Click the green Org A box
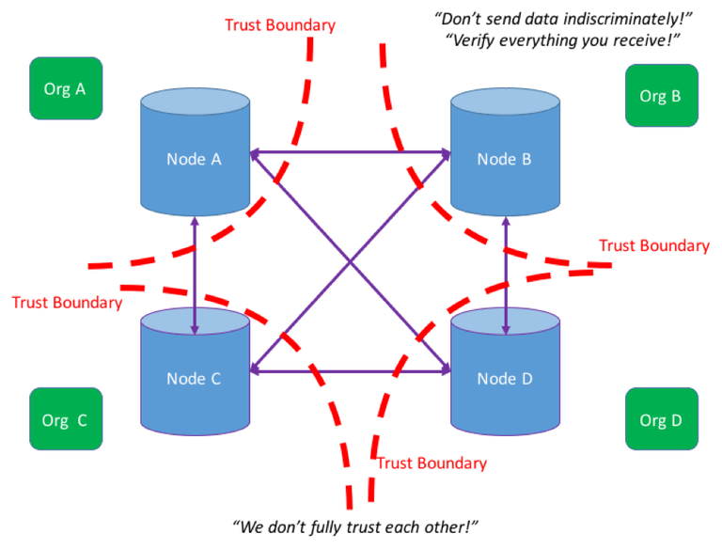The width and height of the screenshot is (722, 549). click(66, 88)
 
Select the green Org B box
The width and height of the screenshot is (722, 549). click(662, 95)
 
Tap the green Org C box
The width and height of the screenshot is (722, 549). click(66, 418)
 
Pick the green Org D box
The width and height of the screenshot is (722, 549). click(662, 418)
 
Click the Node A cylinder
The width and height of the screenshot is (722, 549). click(196, 152)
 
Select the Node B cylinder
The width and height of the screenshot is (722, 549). click(505, 152)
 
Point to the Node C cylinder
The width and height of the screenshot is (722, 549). click(196, 371)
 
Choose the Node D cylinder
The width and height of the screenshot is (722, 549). click(505, 371)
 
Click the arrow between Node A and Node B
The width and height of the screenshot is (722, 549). click(351, 152)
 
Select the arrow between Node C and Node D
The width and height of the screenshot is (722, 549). click(351, 370)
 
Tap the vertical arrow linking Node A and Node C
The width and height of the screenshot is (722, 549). click(195, 275)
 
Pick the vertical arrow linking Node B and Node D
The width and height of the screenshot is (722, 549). click(506, 275)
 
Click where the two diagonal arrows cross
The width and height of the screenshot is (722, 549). click(351, 262)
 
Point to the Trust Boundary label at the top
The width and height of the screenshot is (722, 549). click(280, 25)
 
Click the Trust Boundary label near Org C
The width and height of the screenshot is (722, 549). click(68, 303)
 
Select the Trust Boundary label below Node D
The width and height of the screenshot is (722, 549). click(432, 463)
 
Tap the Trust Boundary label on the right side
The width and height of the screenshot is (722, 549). click(654, 245)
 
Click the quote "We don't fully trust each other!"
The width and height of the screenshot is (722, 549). click(355, 526)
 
